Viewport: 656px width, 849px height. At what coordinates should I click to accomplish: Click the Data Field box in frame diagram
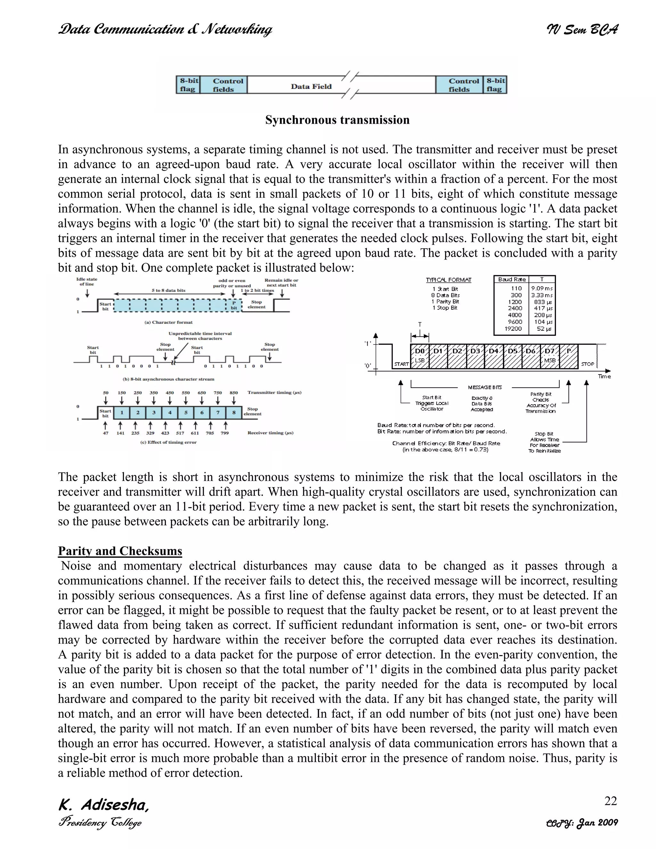tap(311, 86)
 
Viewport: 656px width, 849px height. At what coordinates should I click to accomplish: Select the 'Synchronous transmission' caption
tap(337, 120)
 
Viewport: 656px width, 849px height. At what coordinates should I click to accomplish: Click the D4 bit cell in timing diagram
tap(494, 351)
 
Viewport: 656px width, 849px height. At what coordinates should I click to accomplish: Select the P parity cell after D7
tap(569, 351)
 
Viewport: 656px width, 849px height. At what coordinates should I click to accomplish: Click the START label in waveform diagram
tap(401, 364)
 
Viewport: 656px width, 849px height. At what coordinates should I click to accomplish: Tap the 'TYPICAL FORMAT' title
tap(448, 280)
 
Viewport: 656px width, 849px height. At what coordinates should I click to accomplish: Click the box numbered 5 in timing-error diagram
tap(186, 412)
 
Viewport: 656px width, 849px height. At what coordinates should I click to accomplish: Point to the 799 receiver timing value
tap(225, 433)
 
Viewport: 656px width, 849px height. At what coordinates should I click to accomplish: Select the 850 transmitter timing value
tap(234, 393)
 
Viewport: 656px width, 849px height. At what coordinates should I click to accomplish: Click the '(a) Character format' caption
tap(168, 322)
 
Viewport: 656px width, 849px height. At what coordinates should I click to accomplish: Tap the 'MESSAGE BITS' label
tap(485, 387)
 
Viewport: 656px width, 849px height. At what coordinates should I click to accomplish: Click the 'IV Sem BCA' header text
tap(582, 29)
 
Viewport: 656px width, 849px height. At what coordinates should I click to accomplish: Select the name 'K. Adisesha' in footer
tap(103, 805)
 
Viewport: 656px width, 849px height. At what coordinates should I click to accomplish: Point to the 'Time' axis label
tap(604, 376)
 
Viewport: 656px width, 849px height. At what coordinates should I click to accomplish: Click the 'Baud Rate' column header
tap(512, 279)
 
